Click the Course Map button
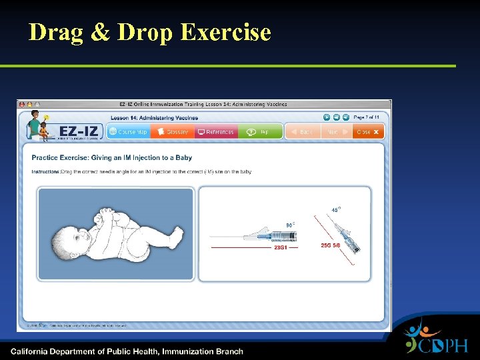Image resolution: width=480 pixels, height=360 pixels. [x=128, y=132]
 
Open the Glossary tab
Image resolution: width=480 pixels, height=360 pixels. [x=172, y=132]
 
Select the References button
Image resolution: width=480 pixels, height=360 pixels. [x=215, y=132]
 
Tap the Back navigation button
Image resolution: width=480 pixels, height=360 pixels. [x=301, y=132]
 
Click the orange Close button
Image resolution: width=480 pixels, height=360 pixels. [x=368, y=132]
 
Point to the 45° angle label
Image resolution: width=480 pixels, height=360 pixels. [x=335, y=210]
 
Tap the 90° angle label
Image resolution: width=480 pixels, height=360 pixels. [x=290, y=225]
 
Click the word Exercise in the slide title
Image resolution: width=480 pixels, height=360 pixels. [x=226, y=31]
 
